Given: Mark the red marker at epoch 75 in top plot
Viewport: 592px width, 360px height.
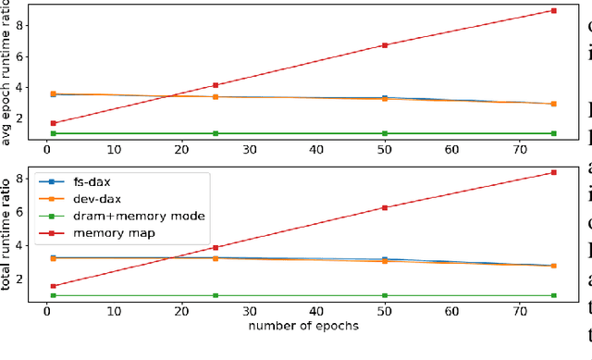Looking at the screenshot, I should [x=553, y=11].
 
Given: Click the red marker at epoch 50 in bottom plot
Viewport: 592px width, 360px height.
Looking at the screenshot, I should [x=384, y=207].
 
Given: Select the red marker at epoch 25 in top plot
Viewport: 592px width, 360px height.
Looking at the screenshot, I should [x=216, y=85].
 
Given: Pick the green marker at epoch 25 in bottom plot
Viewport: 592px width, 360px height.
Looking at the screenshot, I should [x=216, y=295].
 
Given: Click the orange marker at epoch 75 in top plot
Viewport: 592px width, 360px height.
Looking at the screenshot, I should [x=553, y=104].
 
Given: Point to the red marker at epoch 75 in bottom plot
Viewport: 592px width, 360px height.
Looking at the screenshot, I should [x=553, y=172].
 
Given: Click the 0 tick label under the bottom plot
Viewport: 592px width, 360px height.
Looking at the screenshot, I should [x=46, y=311].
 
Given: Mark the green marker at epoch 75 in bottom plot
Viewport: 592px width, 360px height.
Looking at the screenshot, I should [x=553, y=295].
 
